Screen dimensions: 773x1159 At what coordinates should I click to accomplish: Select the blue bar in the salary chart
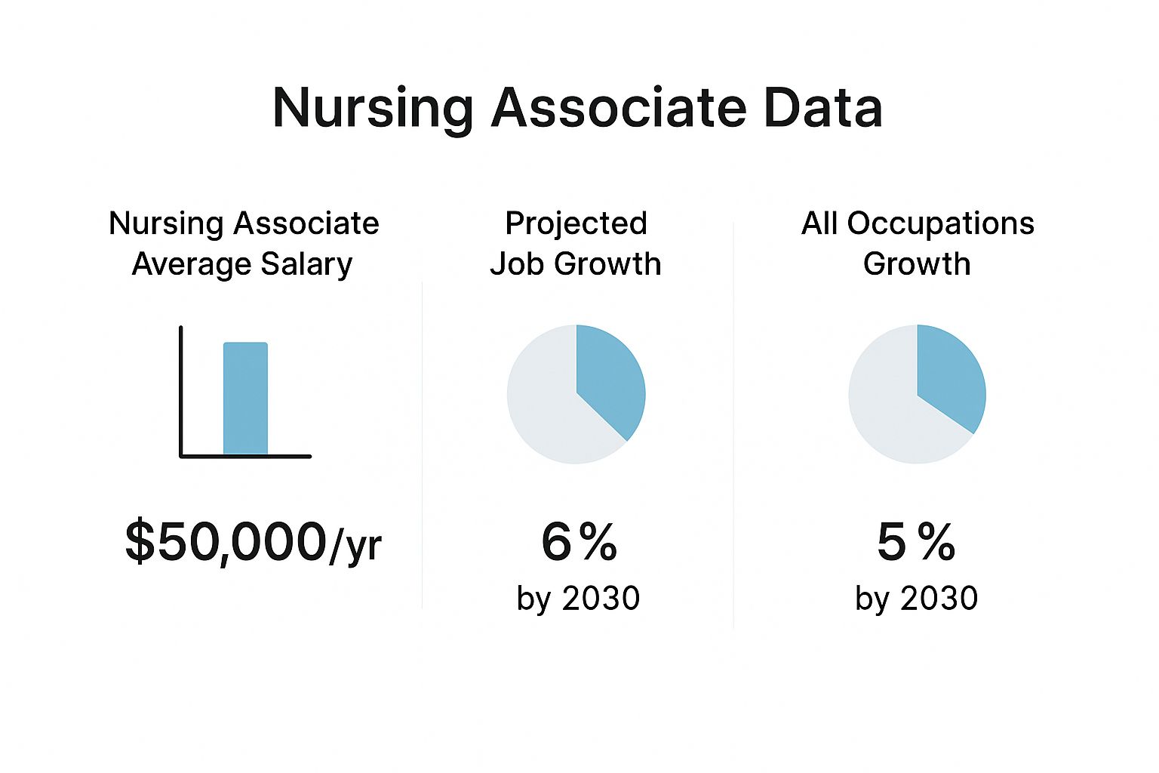coord(245,399)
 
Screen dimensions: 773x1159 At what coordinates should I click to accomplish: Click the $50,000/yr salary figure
coord(253,542)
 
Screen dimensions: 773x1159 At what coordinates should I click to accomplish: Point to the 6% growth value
coord(579,542)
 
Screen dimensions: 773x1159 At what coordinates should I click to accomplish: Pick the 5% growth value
coord(916,542)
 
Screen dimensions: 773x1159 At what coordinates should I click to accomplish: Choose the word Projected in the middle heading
coord(576,223)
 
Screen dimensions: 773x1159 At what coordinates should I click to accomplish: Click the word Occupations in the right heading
coord(940,223)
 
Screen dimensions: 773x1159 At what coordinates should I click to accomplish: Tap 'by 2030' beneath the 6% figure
coord(578,599)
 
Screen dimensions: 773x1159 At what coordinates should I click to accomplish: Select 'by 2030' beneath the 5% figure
coord(916,599)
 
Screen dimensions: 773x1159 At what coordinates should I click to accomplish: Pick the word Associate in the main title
coord(619,108)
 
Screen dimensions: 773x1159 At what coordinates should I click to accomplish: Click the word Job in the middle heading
coord(518,264)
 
